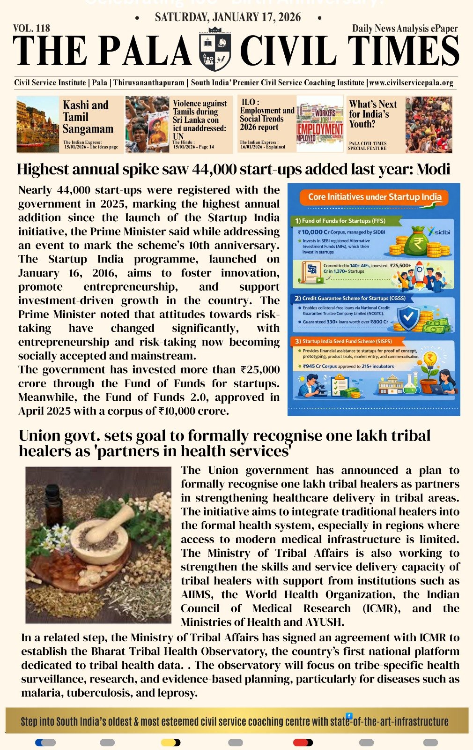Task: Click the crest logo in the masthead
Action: click(215, 49)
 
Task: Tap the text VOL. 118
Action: click(32, 29)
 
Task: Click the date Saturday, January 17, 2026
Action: click(228, 17)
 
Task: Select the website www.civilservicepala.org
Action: click(411, 82)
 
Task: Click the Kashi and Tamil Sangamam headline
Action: click(88, 117)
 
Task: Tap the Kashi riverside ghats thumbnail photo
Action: click(38, 125)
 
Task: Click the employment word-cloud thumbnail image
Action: click(320, 124)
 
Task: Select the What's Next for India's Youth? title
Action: click(373, 114)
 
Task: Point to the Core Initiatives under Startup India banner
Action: click(374, 197)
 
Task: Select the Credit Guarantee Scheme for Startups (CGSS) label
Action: click(350, 298)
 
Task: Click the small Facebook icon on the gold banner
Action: click(349, 716)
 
